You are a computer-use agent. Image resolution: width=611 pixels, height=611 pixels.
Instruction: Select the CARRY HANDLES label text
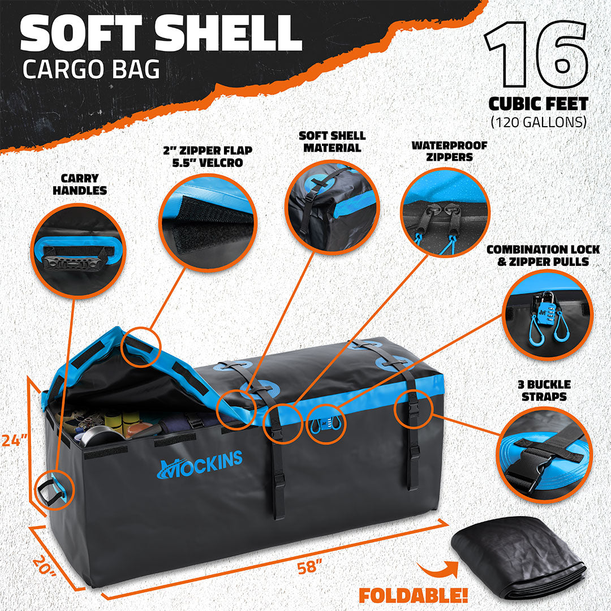pyautogui.click(x=80, y=185)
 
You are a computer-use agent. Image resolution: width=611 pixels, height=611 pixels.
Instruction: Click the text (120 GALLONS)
pyautogui.click(x=539, y=121)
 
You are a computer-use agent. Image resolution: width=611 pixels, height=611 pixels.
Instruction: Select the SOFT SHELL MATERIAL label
pyautogui.click(x=333, y=141)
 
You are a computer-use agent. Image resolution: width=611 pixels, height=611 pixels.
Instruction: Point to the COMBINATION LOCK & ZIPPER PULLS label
pyautogui.click(x=543, y=255)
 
